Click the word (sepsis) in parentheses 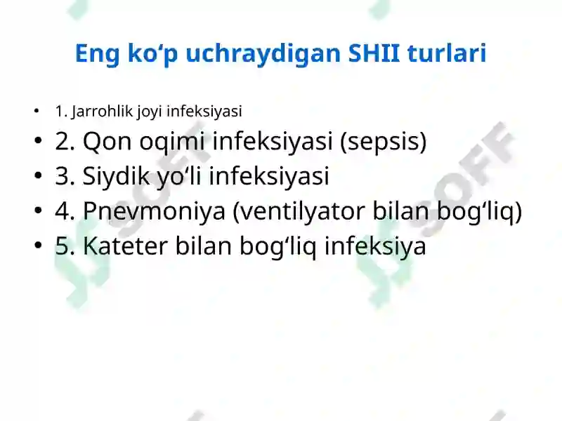point(383,142)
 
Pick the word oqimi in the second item point(171,142)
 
